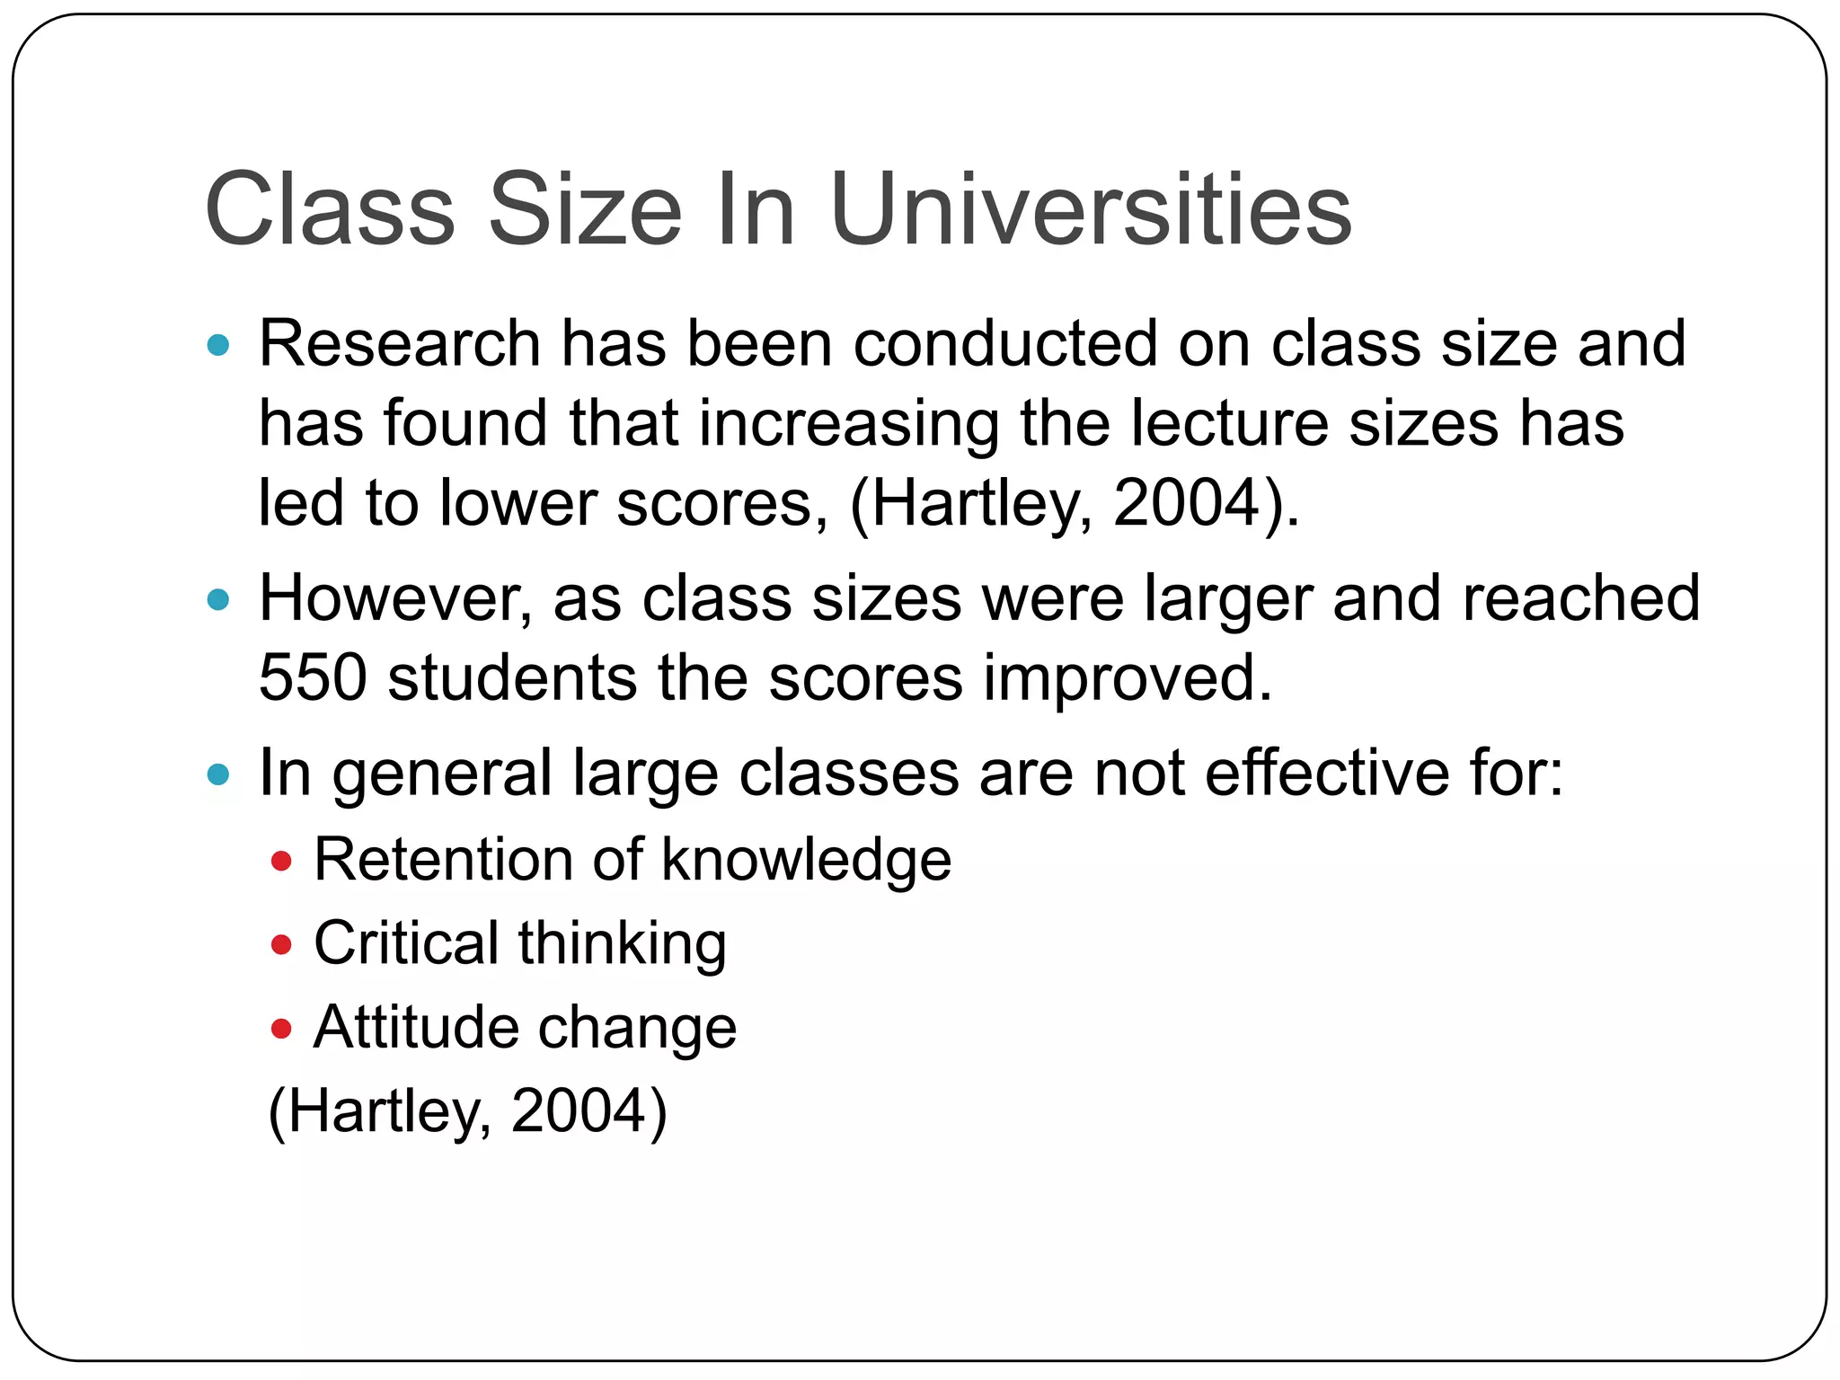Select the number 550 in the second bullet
click(313, 677)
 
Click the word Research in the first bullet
click(400, 344)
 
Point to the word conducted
click(1005, 344)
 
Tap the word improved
click(1128, 677)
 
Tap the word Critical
click(406, 943)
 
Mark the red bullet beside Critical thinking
click(281, 945)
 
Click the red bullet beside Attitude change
click(281, 1028)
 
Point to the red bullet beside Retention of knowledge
click(281, 862)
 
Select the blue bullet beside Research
click(218, 345)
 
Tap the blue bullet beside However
click(218, 599)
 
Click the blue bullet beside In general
click(218, 774)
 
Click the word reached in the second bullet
click(1580, 598)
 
